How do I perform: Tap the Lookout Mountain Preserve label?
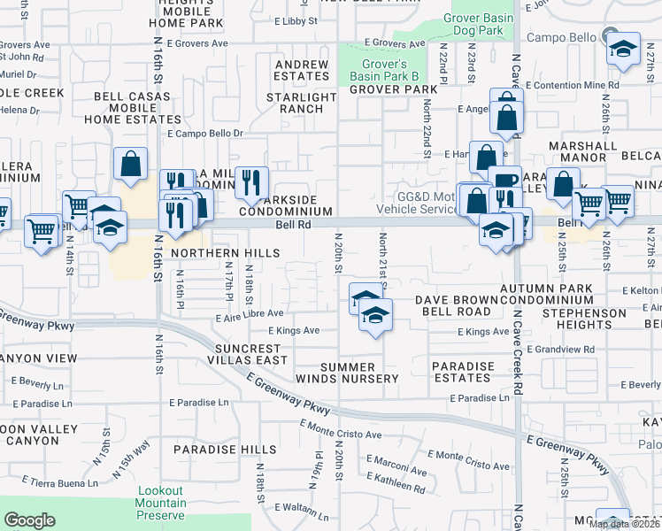[x=161, y=503]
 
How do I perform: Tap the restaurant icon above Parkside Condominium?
[x=251, y=182]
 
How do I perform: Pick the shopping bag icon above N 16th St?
[x=130, y=164]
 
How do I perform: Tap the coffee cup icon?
[x=504, y=181]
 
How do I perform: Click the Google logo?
[x=29, y=519]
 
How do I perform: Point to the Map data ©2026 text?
[x=624, y=524]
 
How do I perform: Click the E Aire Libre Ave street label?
[x=249, y=313]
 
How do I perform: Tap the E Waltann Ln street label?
[x=302, y=508]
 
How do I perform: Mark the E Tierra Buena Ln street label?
[x=60, y=483]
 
